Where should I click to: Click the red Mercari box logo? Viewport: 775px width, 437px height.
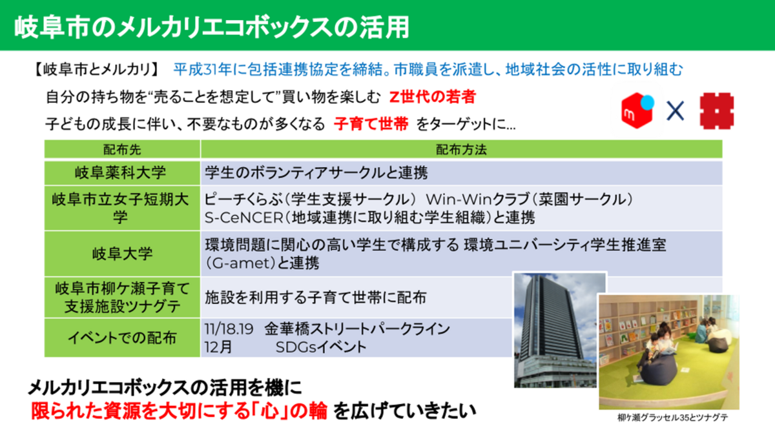coord(637,110)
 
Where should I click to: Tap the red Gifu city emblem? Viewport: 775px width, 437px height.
coord(716,111)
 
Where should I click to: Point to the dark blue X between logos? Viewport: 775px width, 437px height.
coord(675,111)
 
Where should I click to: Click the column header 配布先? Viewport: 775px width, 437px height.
coord(122,150)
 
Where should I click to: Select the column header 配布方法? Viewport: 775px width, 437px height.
coord(461,150)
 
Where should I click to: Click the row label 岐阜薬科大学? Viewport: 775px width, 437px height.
coord(121,172)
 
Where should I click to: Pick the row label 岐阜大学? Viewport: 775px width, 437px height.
coord(122,254)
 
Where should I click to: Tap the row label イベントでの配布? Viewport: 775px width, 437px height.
coord(122,338)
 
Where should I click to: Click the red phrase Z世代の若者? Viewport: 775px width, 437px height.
coord(433,97)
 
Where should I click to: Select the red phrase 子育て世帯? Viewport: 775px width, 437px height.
coord(371,124)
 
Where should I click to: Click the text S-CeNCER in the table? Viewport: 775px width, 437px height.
coord(243,218)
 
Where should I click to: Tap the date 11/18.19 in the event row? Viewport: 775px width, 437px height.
coord(229,329)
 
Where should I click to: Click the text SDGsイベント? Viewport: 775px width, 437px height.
coord(321,347)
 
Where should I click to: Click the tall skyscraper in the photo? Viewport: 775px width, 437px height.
coord(550,321)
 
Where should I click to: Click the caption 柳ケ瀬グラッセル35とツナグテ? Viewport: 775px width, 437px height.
coord(672,418)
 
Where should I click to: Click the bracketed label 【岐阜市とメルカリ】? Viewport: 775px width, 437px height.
coord(96,70)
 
